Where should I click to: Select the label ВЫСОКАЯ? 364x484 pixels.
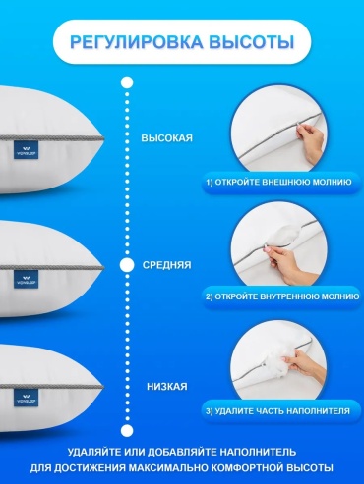[x=167, y=138]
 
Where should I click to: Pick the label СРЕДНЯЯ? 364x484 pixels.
[x=167, y=265]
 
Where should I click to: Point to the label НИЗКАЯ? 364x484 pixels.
[x=167, y=387]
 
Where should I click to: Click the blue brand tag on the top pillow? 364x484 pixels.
[x=26, y=150]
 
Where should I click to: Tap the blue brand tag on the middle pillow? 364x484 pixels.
[x=26, y=280]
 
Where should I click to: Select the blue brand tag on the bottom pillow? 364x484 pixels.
[x=26, y=398]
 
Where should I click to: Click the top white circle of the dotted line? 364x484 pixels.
[x=127, y=82]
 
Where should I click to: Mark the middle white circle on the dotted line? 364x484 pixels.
[x=127, y=265]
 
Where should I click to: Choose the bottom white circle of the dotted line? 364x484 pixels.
[x=127, y=430]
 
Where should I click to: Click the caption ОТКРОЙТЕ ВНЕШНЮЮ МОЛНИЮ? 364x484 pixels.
[x=283, y=182]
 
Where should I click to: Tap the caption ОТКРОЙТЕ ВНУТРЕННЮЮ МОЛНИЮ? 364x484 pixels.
[x=287, y=296]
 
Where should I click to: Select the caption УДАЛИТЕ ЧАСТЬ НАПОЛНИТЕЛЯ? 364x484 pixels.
[x=282, y=411]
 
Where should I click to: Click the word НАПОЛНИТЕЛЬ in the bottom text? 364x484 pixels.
[x=258, y=452]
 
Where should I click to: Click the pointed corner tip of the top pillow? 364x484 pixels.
[x=104, y=138]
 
